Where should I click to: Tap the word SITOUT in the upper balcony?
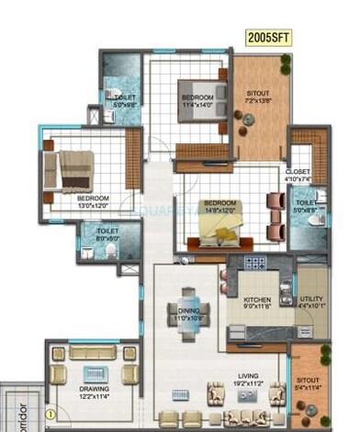point(257,94)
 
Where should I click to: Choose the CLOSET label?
point(298,172)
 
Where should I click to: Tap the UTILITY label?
point(311,300)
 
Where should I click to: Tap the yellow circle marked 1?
point(52,414)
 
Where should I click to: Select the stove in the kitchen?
point(253,263)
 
